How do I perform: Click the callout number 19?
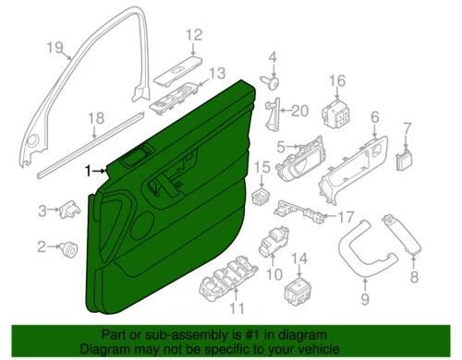[x=55, y=48]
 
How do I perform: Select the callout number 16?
[x=335, y=80]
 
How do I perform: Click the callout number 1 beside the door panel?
[x=89, y=171]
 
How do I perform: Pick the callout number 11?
[x=237, y=307]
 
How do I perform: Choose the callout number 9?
[x=363, y=298]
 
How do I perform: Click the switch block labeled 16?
[x=334, y=115]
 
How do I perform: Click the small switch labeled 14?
[x=298, y=289]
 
